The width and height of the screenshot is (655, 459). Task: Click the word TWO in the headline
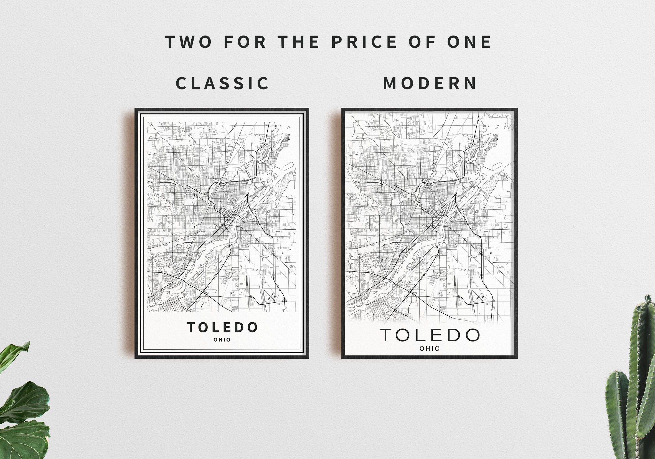pos(189,42)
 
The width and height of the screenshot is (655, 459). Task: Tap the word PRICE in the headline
pos(364,42)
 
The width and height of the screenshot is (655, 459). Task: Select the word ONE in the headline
pos(469,42)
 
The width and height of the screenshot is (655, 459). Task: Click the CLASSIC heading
pos(222,83)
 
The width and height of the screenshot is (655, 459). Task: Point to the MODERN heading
pos(430,83)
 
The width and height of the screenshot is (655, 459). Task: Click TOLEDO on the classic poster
pos(222,327)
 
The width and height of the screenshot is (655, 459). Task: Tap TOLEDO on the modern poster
pos(430,335)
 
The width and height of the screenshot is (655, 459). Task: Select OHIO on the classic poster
pos(222,340)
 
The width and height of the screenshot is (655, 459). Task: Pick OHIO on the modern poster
pos(430,348)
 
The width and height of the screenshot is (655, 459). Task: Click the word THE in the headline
pos(298,42)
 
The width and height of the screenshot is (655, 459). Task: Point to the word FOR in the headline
pos(245,42)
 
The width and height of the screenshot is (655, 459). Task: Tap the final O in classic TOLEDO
pos(252,327)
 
